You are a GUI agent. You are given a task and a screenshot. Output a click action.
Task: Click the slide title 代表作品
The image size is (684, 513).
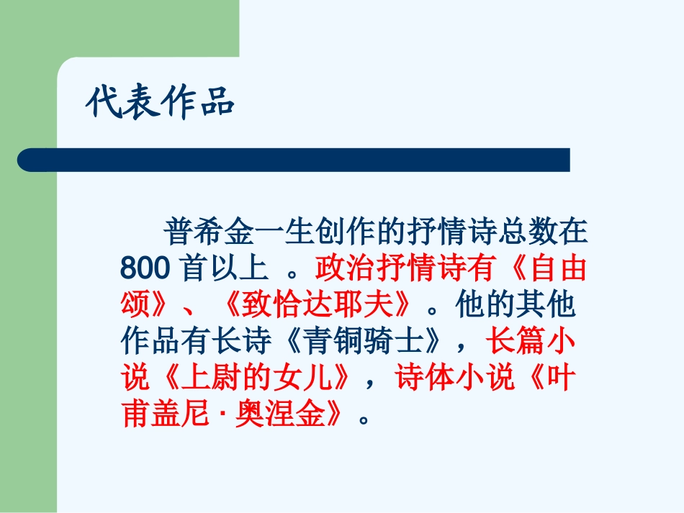[x=160, y=102]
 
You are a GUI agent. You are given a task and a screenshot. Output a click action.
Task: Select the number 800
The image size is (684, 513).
[x=144, y=269]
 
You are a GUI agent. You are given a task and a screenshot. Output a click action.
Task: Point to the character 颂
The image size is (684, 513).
[x=135, y=305]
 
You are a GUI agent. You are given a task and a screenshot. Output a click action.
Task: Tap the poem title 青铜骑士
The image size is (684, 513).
[x=359, y=341]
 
